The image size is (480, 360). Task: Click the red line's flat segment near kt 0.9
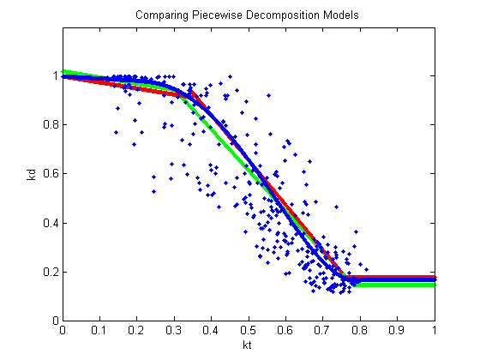point(398,277)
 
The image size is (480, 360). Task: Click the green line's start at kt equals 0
point(64,72)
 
